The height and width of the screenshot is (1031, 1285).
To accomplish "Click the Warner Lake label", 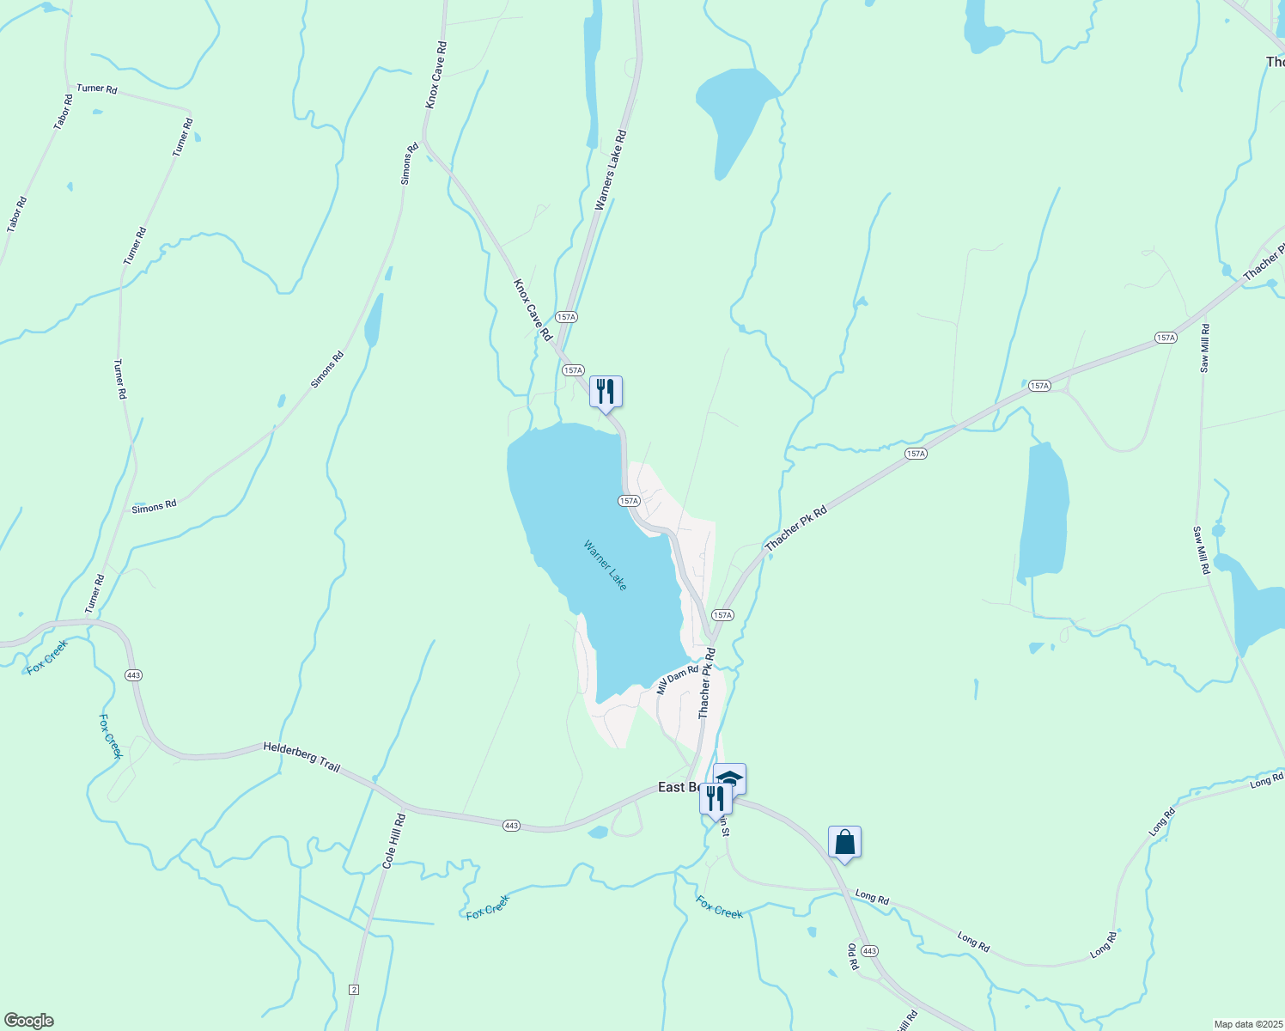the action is (606, 564).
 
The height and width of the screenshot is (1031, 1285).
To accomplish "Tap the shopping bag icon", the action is (844, 842).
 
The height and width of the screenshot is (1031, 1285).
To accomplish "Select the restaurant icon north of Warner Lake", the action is (606, 392).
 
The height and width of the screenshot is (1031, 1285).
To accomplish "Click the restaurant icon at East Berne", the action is (715, 798).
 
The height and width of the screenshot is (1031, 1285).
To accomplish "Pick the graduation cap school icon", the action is (731, 778).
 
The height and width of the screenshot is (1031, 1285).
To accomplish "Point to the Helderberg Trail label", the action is (301, 756).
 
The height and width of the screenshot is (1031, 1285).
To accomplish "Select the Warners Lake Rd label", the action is (611, 171).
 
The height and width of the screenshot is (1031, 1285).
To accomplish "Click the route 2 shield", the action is (354, 990).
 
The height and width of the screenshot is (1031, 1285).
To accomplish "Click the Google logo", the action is (28, 1021).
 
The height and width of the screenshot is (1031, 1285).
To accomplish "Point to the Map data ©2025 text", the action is (1247, 1024).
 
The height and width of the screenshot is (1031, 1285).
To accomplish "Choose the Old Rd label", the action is (853, 956).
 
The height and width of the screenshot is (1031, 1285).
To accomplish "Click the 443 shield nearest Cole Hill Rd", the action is (511, 826).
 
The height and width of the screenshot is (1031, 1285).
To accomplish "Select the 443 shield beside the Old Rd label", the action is (869, 951).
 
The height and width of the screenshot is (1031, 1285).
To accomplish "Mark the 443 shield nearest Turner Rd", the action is (133, 675).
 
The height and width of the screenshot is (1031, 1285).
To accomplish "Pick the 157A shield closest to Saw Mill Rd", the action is (1165, 338).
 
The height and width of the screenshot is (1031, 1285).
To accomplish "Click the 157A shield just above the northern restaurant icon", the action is (573, 370).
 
